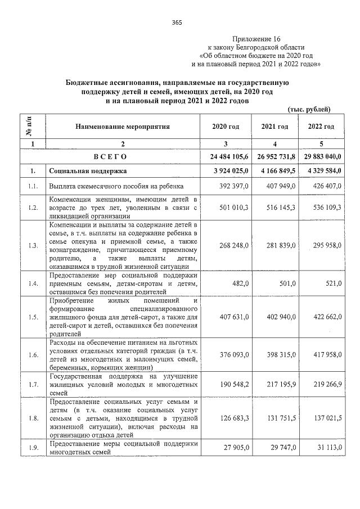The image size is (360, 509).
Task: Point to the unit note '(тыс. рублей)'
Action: point(308,109)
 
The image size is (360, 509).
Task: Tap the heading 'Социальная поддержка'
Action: point(88,170)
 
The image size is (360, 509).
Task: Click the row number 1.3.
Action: point(33,245)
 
